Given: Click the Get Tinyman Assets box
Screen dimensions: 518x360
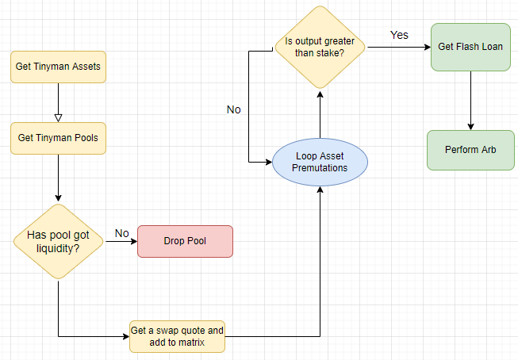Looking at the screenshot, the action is coord(58,67).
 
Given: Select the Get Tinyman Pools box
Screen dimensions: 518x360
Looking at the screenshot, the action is coord(58,138).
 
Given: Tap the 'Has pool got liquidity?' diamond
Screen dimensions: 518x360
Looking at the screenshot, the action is coord(58,241).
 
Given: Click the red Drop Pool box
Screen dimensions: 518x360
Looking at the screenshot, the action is coord(185,241).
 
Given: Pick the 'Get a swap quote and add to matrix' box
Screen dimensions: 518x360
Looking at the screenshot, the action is coord(177,336).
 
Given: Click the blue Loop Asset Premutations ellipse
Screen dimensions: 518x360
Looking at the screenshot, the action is coord(320,162).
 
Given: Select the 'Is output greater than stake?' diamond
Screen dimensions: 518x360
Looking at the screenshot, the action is coord(320,48).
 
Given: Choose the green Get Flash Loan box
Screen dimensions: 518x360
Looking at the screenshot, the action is coord(470,47).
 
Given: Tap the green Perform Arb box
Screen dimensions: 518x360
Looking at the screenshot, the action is coord(470,150).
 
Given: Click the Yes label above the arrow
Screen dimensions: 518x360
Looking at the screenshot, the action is coord(399,35).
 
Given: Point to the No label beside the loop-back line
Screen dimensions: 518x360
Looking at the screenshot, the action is coord(233,109).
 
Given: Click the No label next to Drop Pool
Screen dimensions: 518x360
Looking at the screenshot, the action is coord(121,233).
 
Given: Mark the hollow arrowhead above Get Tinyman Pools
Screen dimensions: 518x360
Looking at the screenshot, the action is coord(58,118).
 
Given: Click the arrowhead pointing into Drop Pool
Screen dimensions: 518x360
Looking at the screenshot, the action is coord(134,241).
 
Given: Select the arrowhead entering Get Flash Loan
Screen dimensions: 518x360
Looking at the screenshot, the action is coord(427,48).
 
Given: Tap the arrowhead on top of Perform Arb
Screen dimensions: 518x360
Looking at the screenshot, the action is coord(470,127).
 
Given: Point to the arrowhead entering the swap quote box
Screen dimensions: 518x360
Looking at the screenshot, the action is coord(126,336).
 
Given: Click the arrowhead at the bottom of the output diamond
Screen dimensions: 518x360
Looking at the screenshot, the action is coord(320,95).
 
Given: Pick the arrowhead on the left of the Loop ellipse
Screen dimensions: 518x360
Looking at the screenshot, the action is coord(269,162).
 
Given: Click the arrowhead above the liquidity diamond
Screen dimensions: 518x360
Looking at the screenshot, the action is coord(58,197).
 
